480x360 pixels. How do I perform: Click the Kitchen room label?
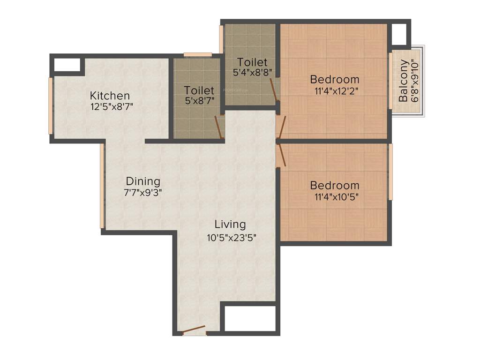click(x=110, y=96)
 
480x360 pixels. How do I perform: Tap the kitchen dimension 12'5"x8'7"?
click(x=112, y=106)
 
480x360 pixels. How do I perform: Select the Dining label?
click(x=143, y=181)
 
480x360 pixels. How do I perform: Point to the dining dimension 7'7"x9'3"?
click(x=143, y=192)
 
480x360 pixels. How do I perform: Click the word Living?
click(x=230, y=224)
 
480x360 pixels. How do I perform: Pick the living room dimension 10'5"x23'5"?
click(x=232, y=237)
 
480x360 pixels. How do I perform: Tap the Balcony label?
click(x=403, y=86)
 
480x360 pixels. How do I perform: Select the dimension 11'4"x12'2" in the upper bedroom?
click(x=337, y=91)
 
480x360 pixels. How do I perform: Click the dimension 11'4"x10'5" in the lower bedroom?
click(x=337, y=197)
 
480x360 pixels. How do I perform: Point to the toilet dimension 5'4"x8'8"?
click(x=253, y=73)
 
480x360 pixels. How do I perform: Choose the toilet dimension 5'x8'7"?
click(x=199, y=100)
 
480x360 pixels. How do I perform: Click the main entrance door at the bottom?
click(x=194, y=330)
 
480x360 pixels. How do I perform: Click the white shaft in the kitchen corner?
click(x=67, y=65)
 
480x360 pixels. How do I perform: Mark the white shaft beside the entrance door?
click(x=249, y=319)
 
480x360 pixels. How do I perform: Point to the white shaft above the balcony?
click(x=399, y=34)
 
